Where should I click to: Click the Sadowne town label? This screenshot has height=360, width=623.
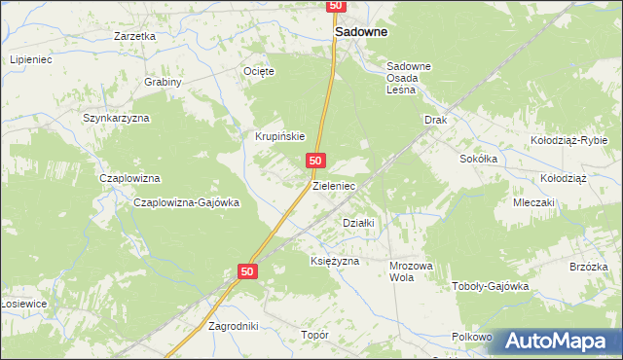click(361, 31)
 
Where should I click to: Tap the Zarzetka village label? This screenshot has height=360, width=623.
click(134, 36)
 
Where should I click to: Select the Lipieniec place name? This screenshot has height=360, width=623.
click(31, 59)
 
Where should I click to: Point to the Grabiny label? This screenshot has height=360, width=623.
click(164, 82)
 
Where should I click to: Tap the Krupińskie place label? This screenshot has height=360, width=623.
click(281, 136)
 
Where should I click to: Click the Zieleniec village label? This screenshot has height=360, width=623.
click(334, 185)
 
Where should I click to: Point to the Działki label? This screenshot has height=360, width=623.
click(358, 222)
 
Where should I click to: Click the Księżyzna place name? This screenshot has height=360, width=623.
click(335, 261)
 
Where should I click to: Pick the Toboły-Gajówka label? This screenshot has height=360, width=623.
click(491, 286)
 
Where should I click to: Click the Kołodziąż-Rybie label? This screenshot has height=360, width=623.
click(568, 140)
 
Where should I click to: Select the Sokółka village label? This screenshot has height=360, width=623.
click(479, 158)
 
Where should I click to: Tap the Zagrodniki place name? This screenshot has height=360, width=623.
click(234, 326)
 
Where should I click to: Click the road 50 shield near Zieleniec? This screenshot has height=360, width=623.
click(314, 159)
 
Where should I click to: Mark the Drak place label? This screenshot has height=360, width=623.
click(434, 120)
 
